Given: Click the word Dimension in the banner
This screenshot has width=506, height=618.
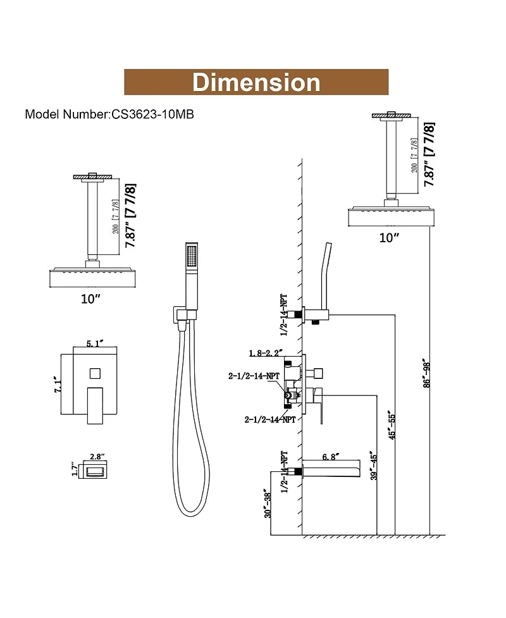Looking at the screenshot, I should pos(256,82).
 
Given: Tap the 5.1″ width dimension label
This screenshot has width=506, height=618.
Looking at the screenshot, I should pos(94,346).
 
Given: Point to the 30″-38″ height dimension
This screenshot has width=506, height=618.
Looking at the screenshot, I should pos(269,504).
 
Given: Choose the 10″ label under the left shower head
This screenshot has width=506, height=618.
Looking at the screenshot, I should pos(90,298).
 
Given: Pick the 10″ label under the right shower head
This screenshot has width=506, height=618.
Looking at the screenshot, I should pos(389,237).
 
